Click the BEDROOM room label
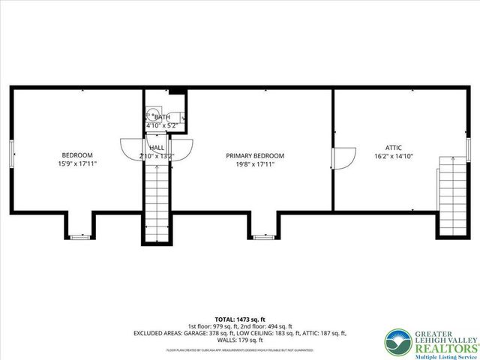76,155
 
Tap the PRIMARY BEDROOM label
255,155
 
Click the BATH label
162,118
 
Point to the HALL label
157,148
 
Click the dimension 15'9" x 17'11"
76,163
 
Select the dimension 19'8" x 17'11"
255,163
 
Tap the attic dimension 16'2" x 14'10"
394,156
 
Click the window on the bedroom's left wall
10,154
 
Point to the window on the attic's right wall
468,154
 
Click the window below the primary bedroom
262,238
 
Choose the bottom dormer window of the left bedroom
79,238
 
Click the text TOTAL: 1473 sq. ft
239,319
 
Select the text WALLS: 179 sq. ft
239,340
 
